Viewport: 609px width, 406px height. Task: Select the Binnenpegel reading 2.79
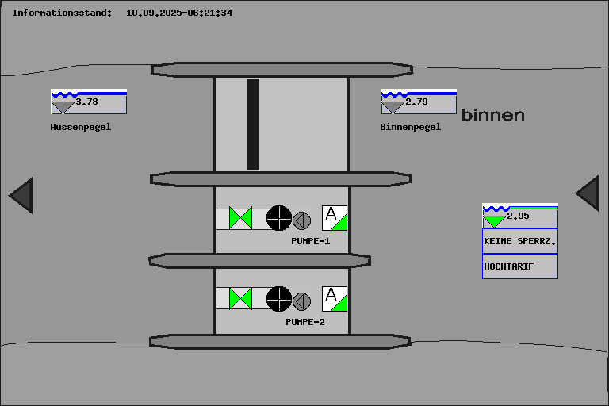click(x=417, y=101)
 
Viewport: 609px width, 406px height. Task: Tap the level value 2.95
click(x=518, y=216)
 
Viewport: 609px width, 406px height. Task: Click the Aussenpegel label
click(x=81, y=127)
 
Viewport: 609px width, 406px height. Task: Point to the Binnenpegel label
click(x=411, y=127)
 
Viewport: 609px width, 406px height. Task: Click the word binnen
click(x=492, y=115)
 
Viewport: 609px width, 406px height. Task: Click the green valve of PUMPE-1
click(x=240, y=217)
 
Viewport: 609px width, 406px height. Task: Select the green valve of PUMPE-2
click(x=240, y=298)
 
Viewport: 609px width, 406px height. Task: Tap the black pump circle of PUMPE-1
click(x=278, y=217)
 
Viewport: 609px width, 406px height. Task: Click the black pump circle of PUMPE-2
click(x=278, y=298)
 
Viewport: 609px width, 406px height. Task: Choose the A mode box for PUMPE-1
click(x=334, y=217)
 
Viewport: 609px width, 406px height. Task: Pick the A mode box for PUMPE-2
click(x=334, y=298)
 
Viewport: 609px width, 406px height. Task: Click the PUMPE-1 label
click(x=310, y=241)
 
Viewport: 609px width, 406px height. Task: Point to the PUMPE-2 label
click(x=305, y=323)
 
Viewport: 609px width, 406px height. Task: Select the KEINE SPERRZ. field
click(x=519, y=240)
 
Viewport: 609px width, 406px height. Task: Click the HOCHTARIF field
click(x=519, y=266)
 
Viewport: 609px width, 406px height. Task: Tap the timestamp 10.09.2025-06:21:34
click(x=179, y=13)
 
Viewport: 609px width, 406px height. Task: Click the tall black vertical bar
click(x=253, y=124)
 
